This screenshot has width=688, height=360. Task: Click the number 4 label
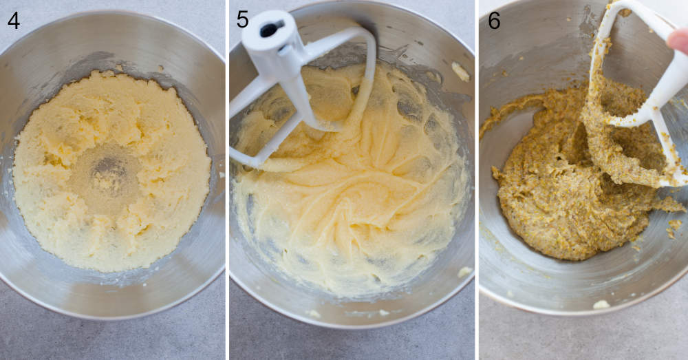[13, 21]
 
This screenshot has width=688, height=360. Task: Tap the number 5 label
[242, 19]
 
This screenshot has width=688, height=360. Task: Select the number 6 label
[493, 21]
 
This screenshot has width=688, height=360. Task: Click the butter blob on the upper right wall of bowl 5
[460, 71]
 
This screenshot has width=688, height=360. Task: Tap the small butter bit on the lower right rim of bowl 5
[465, 271]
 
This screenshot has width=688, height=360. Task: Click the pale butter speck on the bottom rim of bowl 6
[601, 304]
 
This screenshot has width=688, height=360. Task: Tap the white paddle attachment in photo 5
[296, 76]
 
